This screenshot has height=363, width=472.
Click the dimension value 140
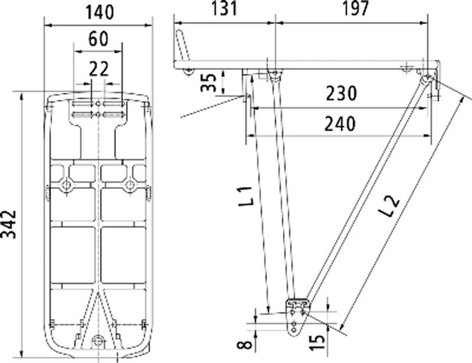click(x=99, y=10)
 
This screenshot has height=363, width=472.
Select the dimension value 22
click(x=99, y=69)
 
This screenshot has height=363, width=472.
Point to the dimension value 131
click(x=222, y=8)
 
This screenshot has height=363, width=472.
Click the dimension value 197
click(x=352, y=8)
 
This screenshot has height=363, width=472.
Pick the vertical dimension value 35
click(x=207, y=82)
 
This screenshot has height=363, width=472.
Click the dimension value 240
click(x=340, y=124)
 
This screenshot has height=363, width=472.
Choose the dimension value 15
click(x=319, y=340)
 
